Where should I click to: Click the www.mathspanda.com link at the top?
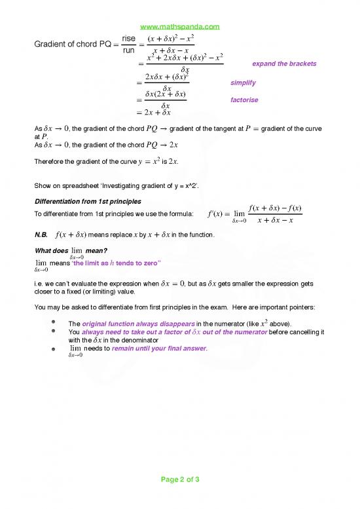180,27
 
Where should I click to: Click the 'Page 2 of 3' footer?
180,480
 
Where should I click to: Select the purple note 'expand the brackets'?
284,64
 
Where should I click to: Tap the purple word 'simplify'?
243,83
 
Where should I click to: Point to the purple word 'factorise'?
245,100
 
